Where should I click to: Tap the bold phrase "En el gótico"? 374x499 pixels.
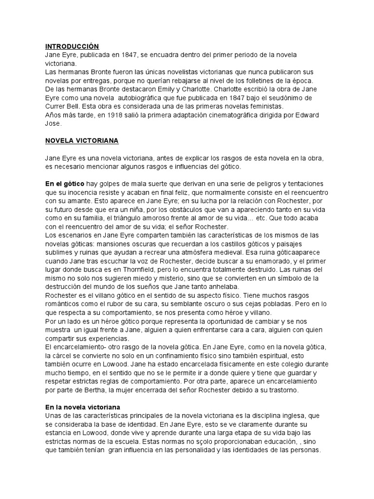click(65, 183)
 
